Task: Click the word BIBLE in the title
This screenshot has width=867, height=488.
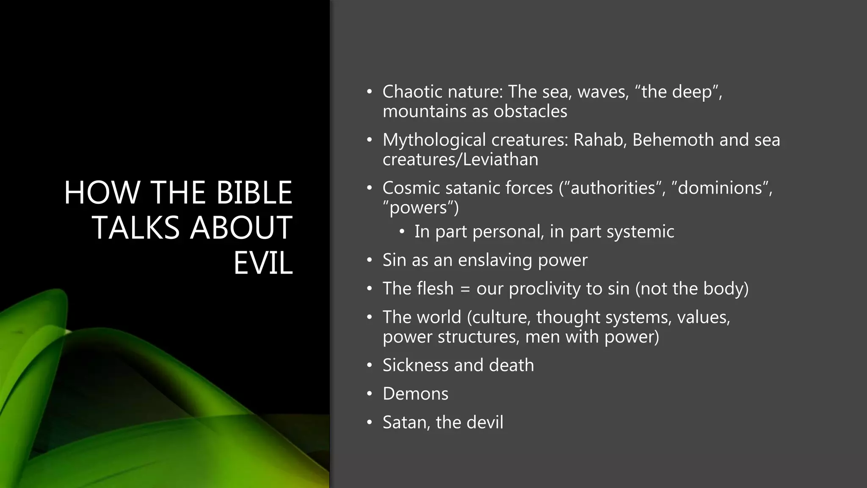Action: click(254, 193)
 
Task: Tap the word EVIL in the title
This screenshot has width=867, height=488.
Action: click(263, 263)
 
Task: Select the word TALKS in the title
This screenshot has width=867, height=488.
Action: click(136, 228)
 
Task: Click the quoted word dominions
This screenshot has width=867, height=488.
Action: click(720, 188)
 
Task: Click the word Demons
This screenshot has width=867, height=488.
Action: click(415, 394)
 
